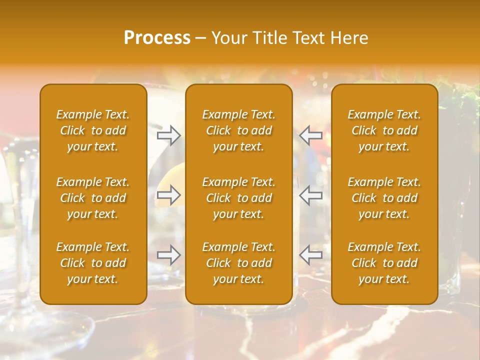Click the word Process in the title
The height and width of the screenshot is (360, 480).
click(x=157, y=38)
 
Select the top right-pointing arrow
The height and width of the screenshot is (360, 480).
click(x=168, y=135)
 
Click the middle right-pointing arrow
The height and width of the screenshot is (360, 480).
click(x=168, y=195)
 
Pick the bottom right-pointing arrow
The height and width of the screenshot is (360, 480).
click(x=168, y=255)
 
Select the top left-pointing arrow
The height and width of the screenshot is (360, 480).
click(x=311, y=135)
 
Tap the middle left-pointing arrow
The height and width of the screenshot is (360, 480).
click(x=311, y=195)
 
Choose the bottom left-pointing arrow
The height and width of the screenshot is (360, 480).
click(x=311, y=255)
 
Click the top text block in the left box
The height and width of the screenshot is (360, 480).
click(x=93, y=130)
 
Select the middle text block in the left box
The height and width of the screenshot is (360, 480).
click(x=93, y=198)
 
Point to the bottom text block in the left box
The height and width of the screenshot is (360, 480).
click(x=93, y=263)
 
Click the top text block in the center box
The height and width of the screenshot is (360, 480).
click(x=238, y=130)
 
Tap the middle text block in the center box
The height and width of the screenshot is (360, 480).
click(x=238, y=198)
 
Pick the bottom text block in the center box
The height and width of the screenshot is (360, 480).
click(x=238, y=263)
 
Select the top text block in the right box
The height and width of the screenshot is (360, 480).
click(x=384, y=130)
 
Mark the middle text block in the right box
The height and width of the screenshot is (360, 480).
click(x=384, y=198)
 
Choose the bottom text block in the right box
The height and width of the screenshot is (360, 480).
click(x=384, y=263)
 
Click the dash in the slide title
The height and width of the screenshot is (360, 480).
click(x=200, y=38)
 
